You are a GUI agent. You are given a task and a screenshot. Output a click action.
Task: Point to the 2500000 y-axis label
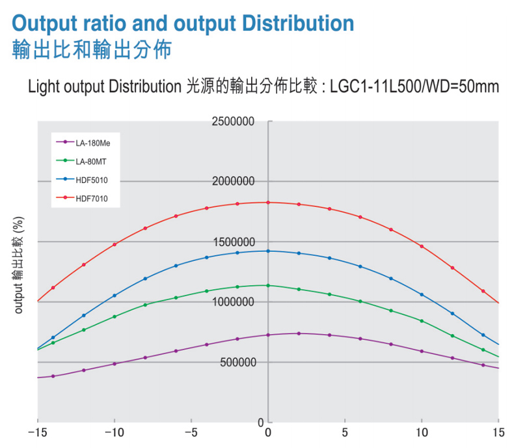(233, 122)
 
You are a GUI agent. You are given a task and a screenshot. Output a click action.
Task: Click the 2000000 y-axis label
(233, 181)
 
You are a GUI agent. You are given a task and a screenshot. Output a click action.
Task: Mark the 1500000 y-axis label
(234, 242)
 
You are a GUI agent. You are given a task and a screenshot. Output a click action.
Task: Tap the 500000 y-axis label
(238, 363)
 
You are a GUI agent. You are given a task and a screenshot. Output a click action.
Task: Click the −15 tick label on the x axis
(38, 432)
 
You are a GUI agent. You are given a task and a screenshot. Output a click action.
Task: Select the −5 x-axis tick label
(191, 432)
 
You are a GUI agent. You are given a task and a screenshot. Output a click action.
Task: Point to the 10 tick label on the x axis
(422, 432)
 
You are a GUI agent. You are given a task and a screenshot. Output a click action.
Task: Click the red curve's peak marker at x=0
(268, 203)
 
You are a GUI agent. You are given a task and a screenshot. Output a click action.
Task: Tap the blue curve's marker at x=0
(268, 251)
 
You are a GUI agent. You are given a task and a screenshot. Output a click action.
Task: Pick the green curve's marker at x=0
(268, 286)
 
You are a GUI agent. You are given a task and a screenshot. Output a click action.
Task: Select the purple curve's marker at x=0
(268, 335)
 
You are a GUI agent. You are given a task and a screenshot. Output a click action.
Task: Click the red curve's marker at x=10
(422, 246)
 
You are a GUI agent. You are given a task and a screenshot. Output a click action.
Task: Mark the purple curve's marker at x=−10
(115, 364)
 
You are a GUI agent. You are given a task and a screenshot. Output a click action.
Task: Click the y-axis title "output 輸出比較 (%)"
(19, 265)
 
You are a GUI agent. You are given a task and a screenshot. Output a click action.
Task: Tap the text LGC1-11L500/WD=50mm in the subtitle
(414, 87)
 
